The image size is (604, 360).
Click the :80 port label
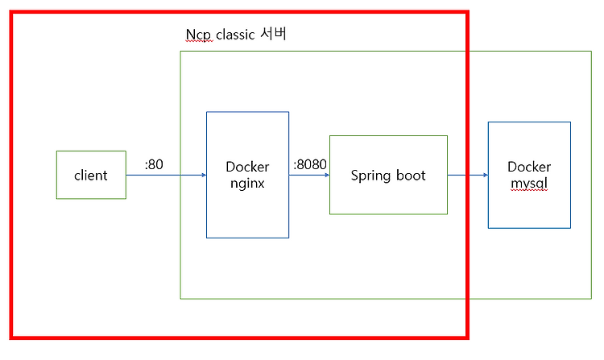tap(154, 164)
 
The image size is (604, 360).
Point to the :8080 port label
tap(310, 164)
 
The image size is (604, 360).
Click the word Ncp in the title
tap(198, 35)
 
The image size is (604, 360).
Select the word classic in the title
tap(235, 35)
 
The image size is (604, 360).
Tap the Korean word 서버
tap(274, 34)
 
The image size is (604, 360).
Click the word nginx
tap(247, 184)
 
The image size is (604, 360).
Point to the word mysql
tap(529, 184)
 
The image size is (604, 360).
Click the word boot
tap(411, 176)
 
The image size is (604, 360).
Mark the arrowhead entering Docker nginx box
tap(205, 176)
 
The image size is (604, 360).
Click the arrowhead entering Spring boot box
tap(328, 176)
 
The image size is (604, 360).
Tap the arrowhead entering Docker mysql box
tap(486, 176)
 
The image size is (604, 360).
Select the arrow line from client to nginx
tap(167, 176)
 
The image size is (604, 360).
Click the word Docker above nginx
tap(247, 167)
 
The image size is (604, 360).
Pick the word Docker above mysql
tap(529, 167)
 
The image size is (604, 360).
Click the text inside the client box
tap(91, 176)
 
